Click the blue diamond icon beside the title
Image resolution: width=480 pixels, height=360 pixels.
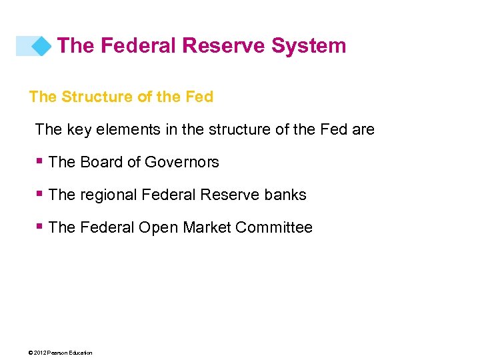click(41, 45)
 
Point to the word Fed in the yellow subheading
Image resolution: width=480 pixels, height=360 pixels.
click(199, 97)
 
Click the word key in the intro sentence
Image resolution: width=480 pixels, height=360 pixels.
click(81, 129)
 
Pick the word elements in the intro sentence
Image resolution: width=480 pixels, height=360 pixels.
click(129, 129)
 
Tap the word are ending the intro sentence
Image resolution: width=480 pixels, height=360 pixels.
click(363, 129)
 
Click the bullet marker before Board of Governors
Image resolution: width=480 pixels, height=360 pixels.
click(41, 161)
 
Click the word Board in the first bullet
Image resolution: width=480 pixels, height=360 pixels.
click(101, 162)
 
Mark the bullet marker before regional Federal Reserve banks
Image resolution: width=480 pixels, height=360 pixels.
click(41, 194)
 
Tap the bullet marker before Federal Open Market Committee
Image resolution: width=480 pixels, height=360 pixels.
click(41, 227)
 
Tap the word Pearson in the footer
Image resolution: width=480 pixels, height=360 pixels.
click(58, 353)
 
